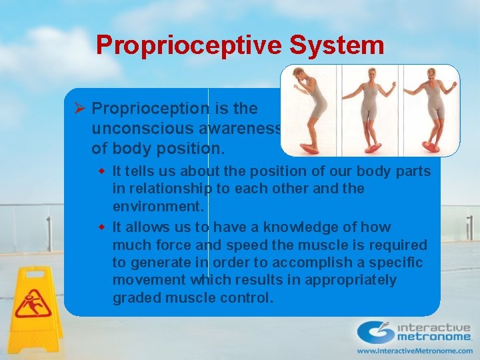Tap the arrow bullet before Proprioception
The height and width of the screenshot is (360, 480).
tap(78, 108)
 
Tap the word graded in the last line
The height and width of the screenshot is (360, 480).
tap(136, 297)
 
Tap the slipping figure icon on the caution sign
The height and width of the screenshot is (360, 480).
tap(30, 303)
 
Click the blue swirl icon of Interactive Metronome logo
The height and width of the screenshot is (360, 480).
tap(375, 331)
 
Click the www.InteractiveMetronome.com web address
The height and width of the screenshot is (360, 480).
tap(413, 351)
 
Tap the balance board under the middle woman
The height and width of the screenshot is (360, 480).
tap(369, 144)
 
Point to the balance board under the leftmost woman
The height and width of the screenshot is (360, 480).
tap(309, 145)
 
